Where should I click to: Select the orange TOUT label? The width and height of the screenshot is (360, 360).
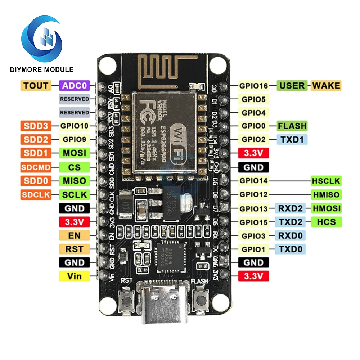(x=36, y=85)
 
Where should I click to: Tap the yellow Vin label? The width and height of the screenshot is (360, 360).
(x=74, y=276)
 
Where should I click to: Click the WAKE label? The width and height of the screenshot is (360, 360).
(x=325, y=85)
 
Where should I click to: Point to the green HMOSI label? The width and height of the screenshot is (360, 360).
(x=327, y=208)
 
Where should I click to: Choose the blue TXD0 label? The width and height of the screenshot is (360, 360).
(x=290, y=249)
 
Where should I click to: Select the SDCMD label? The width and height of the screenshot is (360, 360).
(x=36, y=167)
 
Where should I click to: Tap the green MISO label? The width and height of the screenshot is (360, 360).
(x=74, y=181)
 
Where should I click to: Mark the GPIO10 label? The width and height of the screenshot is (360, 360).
(x=74, y=126)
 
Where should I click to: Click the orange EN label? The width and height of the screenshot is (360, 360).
(x=74, y=235)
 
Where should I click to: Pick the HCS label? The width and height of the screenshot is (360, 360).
(x=327, y=222)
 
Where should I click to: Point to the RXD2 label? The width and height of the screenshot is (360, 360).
(x=290, y=208)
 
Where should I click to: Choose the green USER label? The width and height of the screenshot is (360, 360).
(x=292, y=85)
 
